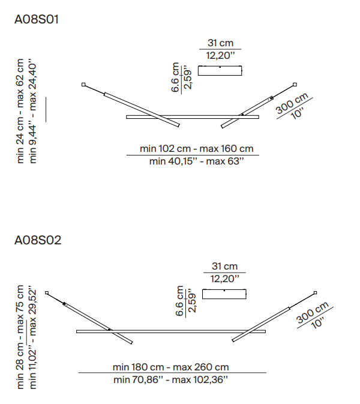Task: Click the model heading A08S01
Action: click(37, 19)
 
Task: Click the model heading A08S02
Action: click(38, 240)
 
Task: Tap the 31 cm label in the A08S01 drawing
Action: click(220, 43)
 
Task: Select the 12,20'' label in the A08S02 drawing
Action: click(225, 279)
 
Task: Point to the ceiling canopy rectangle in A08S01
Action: click(220, 71)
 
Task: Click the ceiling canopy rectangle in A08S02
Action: click(224, 294)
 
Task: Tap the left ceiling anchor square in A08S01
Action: click(83, 85)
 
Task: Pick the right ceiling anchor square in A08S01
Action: click(295, 85)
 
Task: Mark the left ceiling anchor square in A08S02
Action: click(47, 293)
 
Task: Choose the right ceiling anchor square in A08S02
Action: click(315, 293)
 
